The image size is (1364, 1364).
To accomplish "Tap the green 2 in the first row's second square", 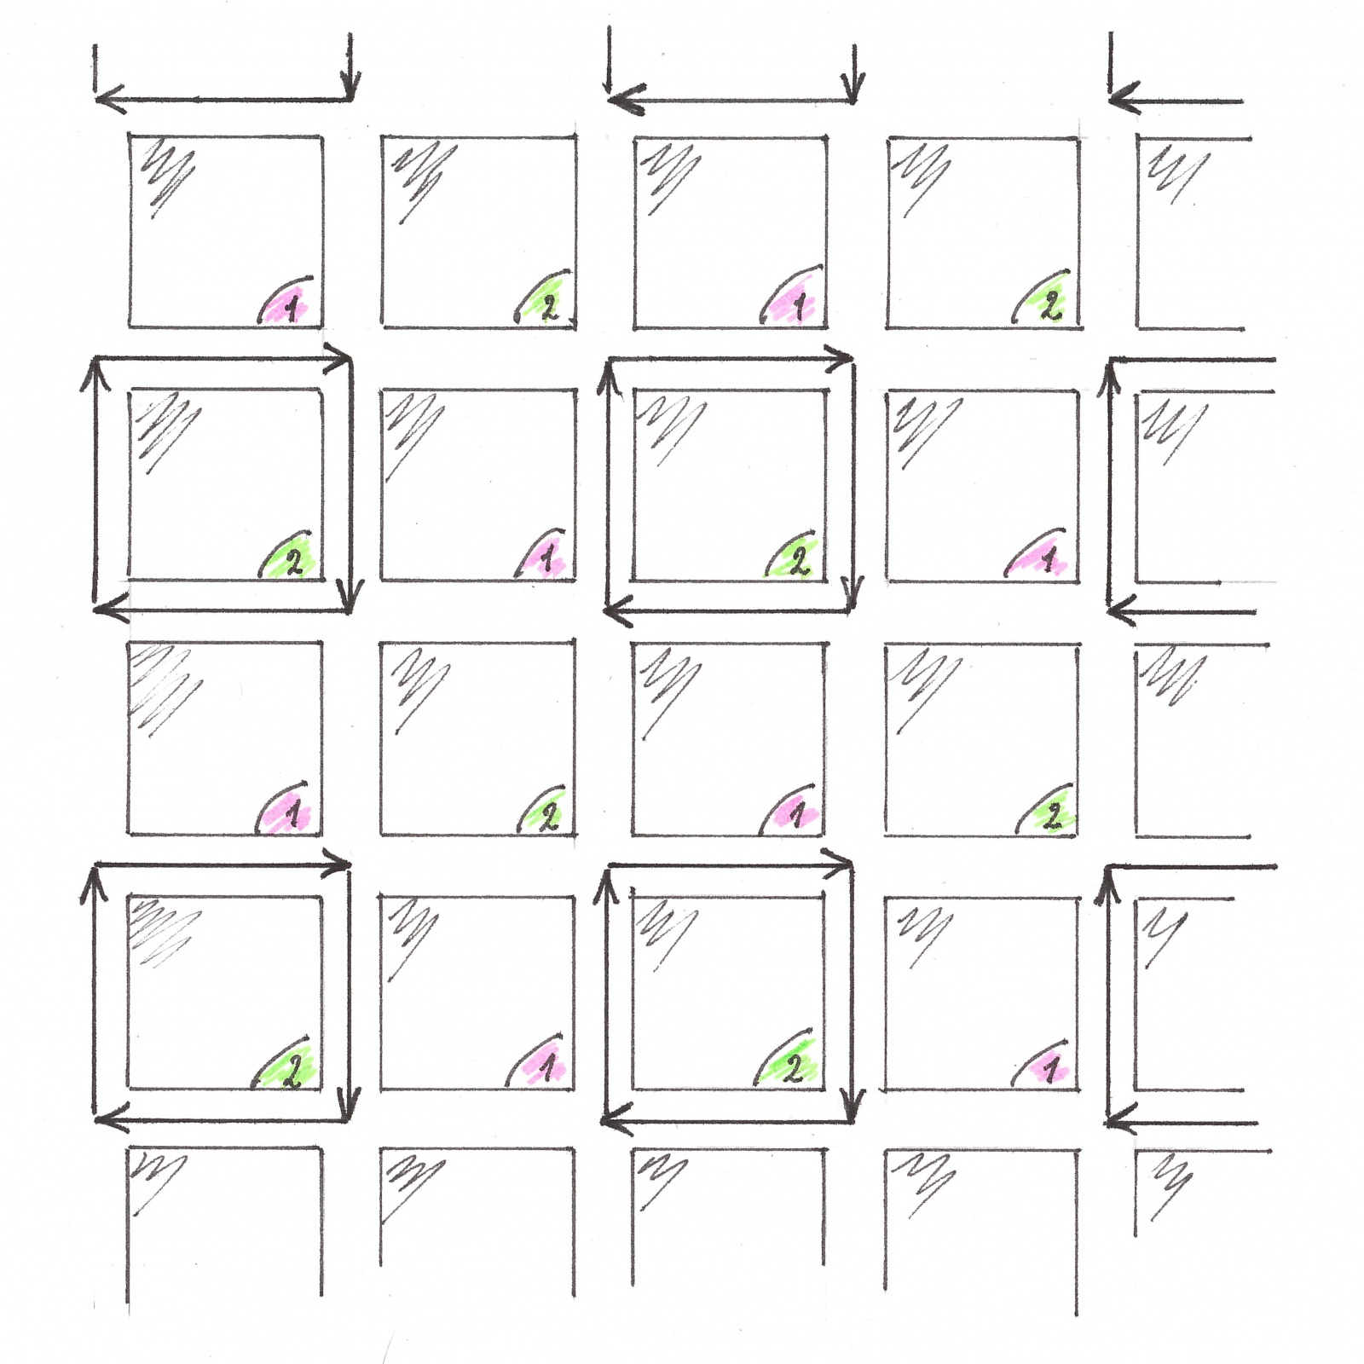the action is pos(549,306).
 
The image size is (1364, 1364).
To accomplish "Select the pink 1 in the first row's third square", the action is pos(799,306).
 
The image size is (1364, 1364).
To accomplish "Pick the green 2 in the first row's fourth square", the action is pos(1051,305).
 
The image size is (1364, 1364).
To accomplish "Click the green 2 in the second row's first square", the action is pos(293,562).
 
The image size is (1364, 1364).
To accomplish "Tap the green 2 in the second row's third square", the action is pos(798,561).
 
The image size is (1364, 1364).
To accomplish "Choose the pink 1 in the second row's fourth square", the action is pos(1049,559).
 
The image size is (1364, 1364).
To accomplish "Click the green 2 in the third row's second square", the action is pos(549,817).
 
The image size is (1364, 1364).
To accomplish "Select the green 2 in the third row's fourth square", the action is pos(1053,818).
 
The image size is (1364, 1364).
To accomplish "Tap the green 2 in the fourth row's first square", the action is pos(292,1072).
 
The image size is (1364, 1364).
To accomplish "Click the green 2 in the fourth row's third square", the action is pos(793,1069).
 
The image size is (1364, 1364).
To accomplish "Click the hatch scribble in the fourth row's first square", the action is pos(165,934).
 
